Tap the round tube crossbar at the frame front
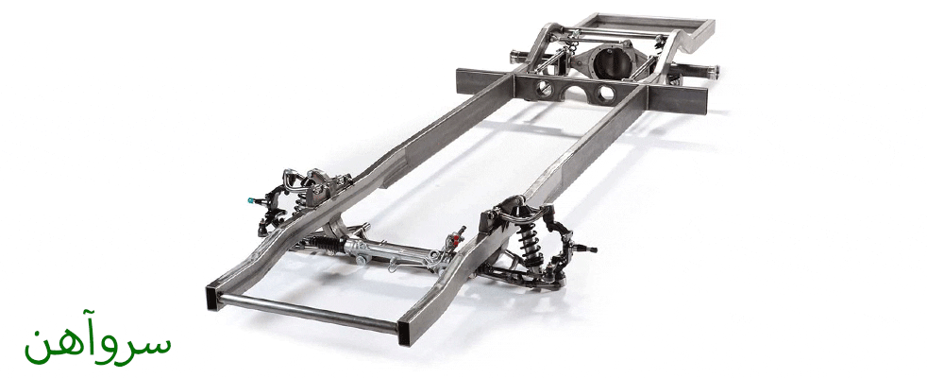(308, 313)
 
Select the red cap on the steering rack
(456, 238)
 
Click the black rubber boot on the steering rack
(324, 242)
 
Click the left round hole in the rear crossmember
(545, 90)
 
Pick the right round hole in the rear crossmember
(605, 94)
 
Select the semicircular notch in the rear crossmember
(574, 94)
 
